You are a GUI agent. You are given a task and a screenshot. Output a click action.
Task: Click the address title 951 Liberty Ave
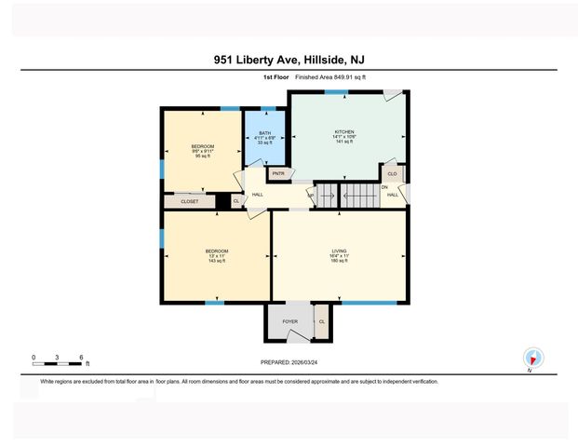[x=289, y=59]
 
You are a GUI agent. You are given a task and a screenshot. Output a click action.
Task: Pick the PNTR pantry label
[x=277, y=173]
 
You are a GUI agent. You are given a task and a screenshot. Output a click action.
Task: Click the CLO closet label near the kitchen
[x=392, y=173]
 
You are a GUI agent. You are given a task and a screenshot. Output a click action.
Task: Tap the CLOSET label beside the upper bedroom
[x=190, y=200]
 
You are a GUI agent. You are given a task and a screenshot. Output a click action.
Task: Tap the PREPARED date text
[x=289, y=362]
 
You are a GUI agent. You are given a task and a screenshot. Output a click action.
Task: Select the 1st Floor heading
[x=276, y=78]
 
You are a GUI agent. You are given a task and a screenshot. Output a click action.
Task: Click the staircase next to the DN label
[x=357, y=196]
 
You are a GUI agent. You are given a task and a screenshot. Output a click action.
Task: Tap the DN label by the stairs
[x=383, y=187]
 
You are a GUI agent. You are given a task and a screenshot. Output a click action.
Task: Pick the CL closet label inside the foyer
[x=321, y=321]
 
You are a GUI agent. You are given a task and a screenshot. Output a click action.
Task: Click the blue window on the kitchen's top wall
[x=330, y=92]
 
